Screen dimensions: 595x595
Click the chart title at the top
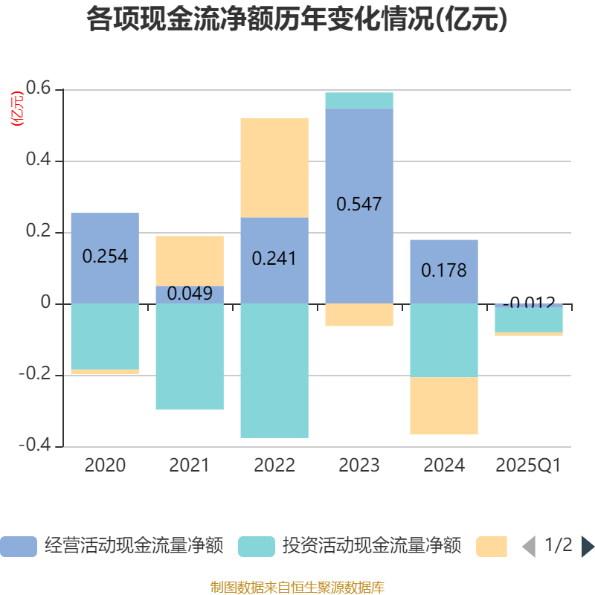(297, 20)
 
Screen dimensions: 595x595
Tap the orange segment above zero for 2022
(274, 167)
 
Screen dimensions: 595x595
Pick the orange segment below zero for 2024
(444, 406)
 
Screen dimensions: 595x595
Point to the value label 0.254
(105, 257)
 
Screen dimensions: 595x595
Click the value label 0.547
(359, 204)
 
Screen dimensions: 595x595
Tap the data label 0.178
(444, 270)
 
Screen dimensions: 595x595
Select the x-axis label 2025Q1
(528, 466)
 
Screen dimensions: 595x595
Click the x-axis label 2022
(274, 466)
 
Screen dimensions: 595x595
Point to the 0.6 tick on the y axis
(38, 89)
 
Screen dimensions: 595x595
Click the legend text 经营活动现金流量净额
(134, 546)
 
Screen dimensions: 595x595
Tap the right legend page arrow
(588, 547)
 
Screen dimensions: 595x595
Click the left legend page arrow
(529, 547)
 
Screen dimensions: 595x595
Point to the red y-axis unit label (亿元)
(16, 109)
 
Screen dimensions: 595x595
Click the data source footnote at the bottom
(297, 588)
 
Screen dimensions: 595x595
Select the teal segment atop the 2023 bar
(359, 100)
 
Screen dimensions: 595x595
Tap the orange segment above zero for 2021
(190, 260)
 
